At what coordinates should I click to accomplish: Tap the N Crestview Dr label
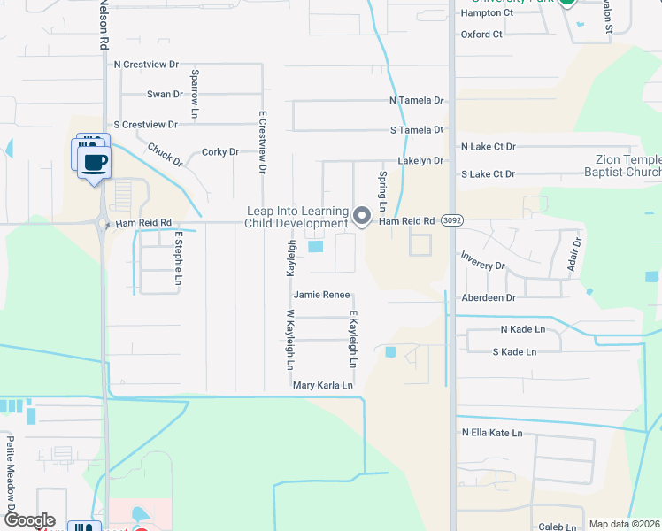(x=146, y=65)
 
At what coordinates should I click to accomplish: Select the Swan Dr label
(x=165, y=94)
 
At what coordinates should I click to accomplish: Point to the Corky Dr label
(x=220, y=152)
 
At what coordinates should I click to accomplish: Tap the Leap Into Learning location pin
(x=361, y=216)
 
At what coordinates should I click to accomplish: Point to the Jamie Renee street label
(x=322, y=295)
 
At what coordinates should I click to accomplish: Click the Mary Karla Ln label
(x=323, y=386)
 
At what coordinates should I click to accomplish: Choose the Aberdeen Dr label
(x=488, y=298)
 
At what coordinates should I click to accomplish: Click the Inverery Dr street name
(x=482, y=265)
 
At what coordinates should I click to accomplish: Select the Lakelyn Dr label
(x=420, y=161)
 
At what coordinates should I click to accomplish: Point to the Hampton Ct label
(x=487, y=13)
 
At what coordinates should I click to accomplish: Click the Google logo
(x=28, y=520)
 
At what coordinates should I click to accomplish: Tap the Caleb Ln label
(x=558, y=527)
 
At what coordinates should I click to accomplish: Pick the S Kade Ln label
(x=514, y=352)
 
